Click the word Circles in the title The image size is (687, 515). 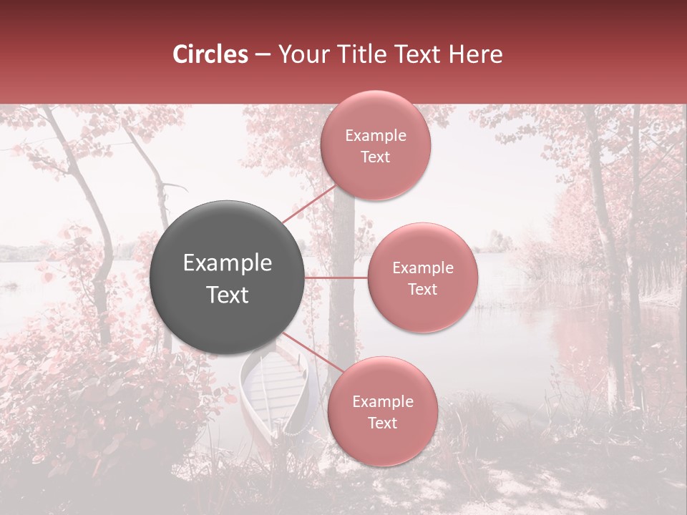(x=210, y=54)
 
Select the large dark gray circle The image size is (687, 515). (x=228, y=278)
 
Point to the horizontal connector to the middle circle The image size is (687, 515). (x=336, y=278)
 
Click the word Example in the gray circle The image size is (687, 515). (x=228, y=263)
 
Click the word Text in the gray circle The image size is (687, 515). (x=228, y=295)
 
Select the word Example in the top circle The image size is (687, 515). (x=375, y=136)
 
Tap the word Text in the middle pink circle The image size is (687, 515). (x=422, y=289)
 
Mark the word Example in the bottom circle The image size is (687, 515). (x=382, y=401)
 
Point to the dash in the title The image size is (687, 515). (x=262, y=55)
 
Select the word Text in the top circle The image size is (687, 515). (x=375, y=157)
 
